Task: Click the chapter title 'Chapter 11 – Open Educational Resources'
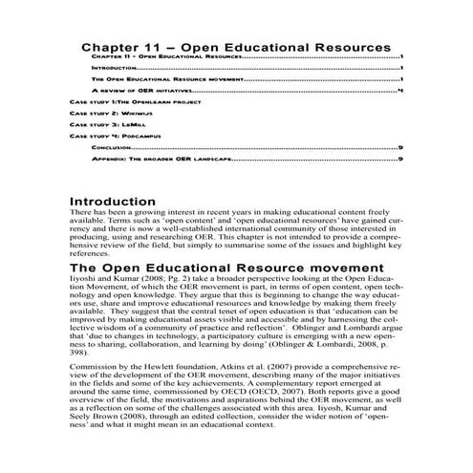(x=236, y=46)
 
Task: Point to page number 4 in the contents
(x=400, y=90)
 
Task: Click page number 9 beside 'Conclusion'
(x=400, y=148)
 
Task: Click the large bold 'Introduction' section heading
(x=113, y=202)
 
